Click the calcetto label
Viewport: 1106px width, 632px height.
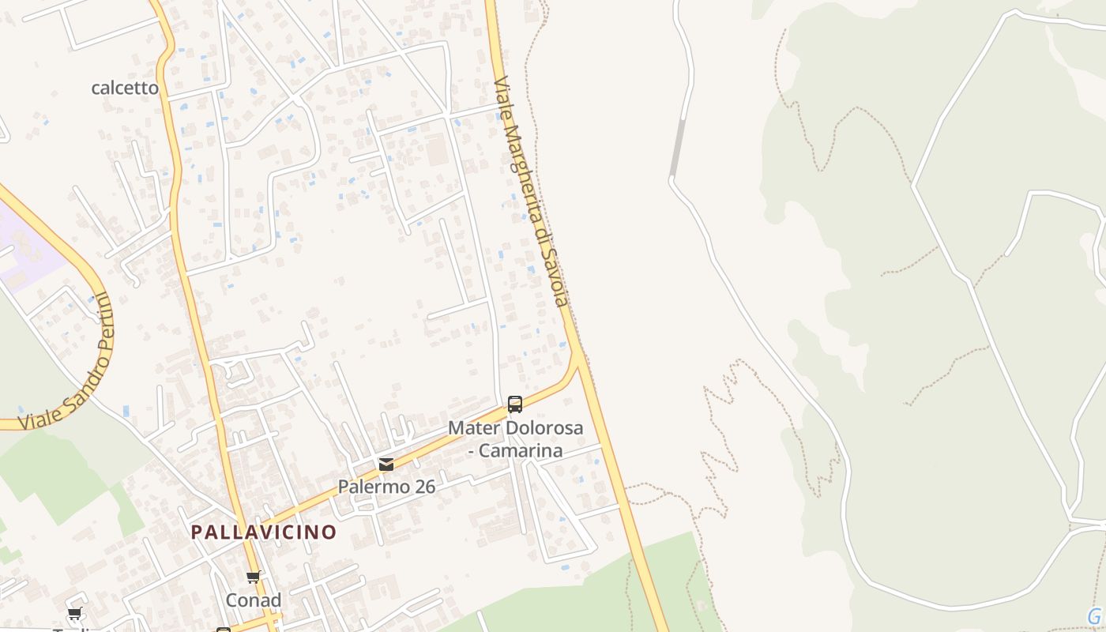pos(125,88)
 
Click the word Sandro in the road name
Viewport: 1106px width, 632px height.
pos(80,384)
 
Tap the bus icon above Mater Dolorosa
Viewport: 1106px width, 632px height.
pos(515,404)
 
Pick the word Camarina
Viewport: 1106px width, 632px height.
pos(521,450)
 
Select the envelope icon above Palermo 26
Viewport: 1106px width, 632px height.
pos(386,464)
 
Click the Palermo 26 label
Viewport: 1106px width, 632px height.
pos(386,487)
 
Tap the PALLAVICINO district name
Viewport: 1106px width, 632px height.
pos(264,532)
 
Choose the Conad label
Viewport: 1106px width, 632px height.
pos(254,600)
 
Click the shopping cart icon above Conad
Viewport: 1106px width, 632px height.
pos(254,577)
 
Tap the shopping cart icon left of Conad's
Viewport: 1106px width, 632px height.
pos(75,613)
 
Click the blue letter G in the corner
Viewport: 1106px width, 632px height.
pos(1094,616)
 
